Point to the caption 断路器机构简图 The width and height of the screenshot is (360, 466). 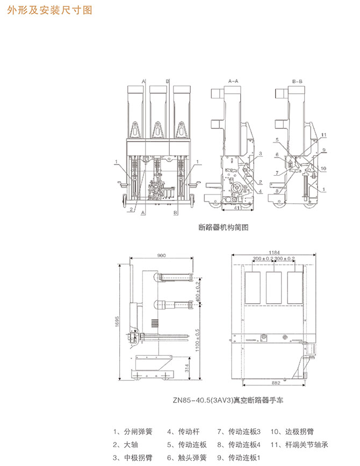pyautogui.click(x=224, y=227)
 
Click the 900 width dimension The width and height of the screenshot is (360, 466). pyautogui.click(x=162, y=256)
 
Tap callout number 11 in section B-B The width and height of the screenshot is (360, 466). pyautogui.click(x=324, y=134)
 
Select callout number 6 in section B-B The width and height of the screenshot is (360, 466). pyautogui.click(x=277, y=155)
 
